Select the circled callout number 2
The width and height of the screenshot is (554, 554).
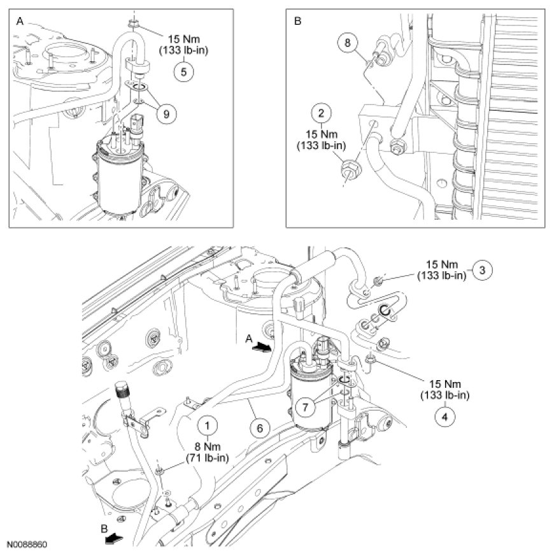(322, 114)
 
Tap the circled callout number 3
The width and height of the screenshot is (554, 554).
(483, 270)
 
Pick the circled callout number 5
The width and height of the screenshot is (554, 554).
(183, 71)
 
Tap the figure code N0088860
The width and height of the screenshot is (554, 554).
(27, 546)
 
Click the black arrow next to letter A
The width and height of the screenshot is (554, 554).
(260, 348)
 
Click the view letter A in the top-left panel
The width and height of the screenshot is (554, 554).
(19, 20)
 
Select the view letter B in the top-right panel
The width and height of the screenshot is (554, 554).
(297, 20)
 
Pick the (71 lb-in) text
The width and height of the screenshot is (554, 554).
(208, 457)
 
